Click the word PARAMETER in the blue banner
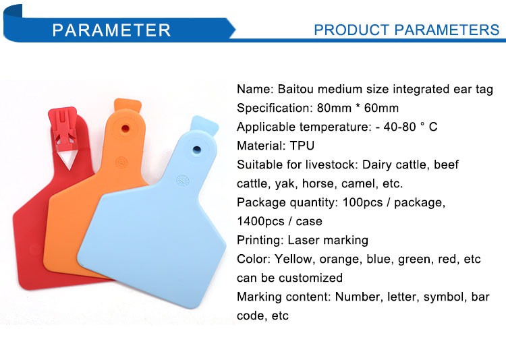coord(111,30)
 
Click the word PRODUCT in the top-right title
coord(352,30)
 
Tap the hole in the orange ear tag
coord(125,129)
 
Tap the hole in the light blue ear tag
coord(196,150)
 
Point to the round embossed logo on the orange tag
coord(121,162)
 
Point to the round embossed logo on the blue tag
coord(183,181)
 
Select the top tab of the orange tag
coord(128,105)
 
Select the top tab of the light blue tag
coord(204,125)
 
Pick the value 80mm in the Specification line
coord(334,108)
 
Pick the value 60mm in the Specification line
coord(381,108)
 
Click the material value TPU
coord(302,146)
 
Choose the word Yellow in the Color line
coord(293,259)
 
